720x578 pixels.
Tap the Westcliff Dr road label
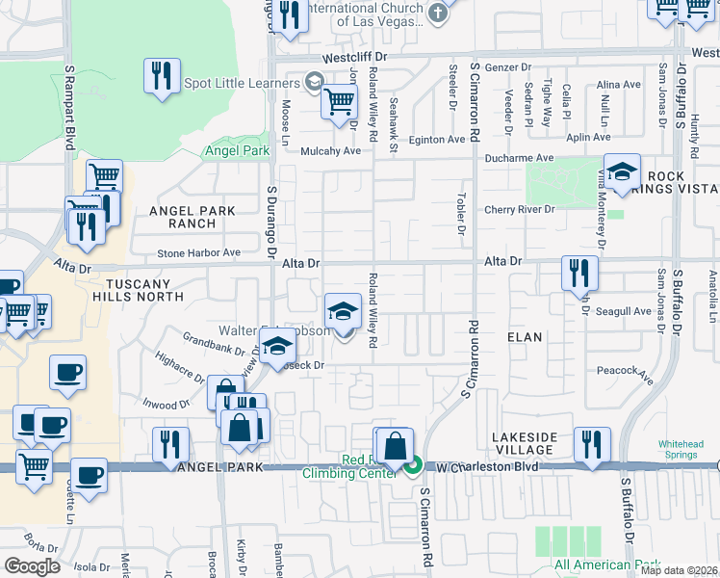(x=354, y=58)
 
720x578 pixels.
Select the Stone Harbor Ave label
(x=199, y=253)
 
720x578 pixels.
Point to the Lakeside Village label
(x=525, y=444)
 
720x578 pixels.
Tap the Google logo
(x=32, y=565)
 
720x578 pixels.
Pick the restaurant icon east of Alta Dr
(x=579, y=273)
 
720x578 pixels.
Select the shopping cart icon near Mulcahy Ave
(x=339, y=100)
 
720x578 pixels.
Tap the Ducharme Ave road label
(x=519, y=157)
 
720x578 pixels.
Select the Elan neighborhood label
(x=526, y=337)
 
